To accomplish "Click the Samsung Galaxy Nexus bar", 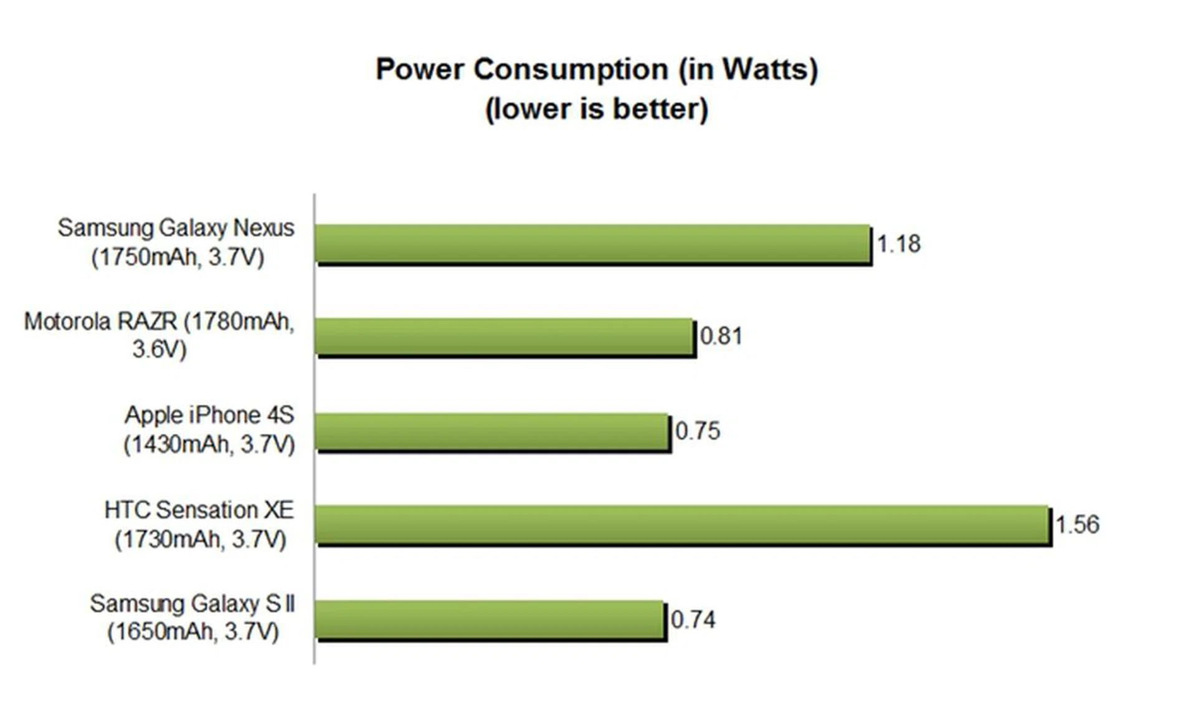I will click(592, 244).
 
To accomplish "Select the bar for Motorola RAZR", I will click(505, 336).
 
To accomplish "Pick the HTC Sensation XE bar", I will click(682, 525).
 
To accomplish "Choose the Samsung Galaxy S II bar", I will click(489, 619).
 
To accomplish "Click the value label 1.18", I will click(898, 244).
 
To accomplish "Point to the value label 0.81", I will click(721, 336).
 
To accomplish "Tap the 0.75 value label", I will click(698, 431).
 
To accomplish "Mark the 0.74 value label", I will click(693, 619).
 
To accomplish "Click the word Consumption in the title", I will click(571, 69).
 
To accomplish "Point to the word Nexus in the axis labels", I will click(263, 228).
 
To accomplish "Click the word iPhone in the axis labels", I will click(224, 415).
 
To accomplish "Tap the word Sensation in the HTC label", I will click(206, 510).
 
